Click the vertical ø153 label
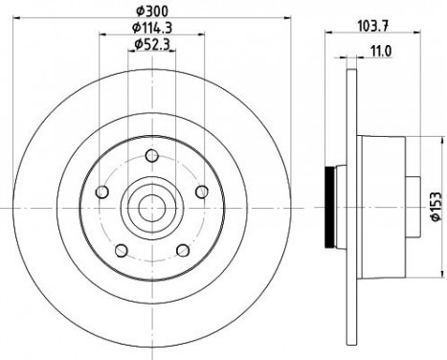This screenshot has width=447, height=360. pos(435,204)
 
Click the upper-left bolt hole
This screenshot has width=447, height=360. pos(103,192)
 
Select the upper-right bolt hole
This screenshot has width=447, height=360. pos(200,192)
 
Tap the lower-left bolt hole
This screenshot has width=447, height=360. pos(121,250)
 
